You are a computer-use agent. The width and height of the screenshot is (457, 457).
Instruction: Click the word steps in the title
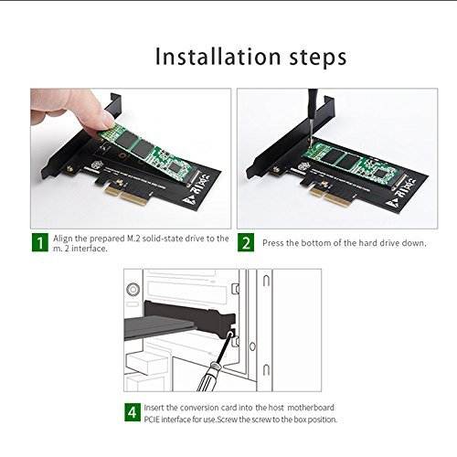point(312,58)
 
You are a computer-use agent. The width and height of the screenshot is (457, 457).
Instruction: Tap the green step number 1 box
point(39,242)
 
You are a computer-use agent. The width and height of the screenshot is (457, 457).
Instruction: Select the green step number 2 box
point(246,242)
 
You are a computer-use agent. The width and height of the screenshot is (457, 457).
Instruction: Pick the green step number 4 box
point(132,409)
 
